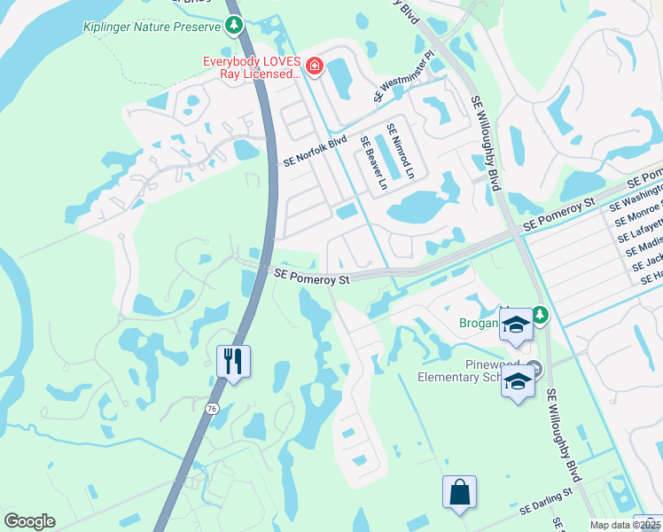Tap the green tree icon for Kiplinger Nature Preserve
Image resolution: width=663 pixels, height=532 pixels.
(x=234, y=27)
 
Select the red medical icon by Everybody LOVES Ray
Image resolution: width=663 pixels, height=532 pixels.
(x=313, y=66)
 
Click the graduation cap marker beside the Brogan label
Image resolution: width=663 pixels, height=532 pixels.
(x=515, y=326)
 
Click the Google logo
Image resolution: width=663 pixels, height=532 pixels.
(x=29, y=521)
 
